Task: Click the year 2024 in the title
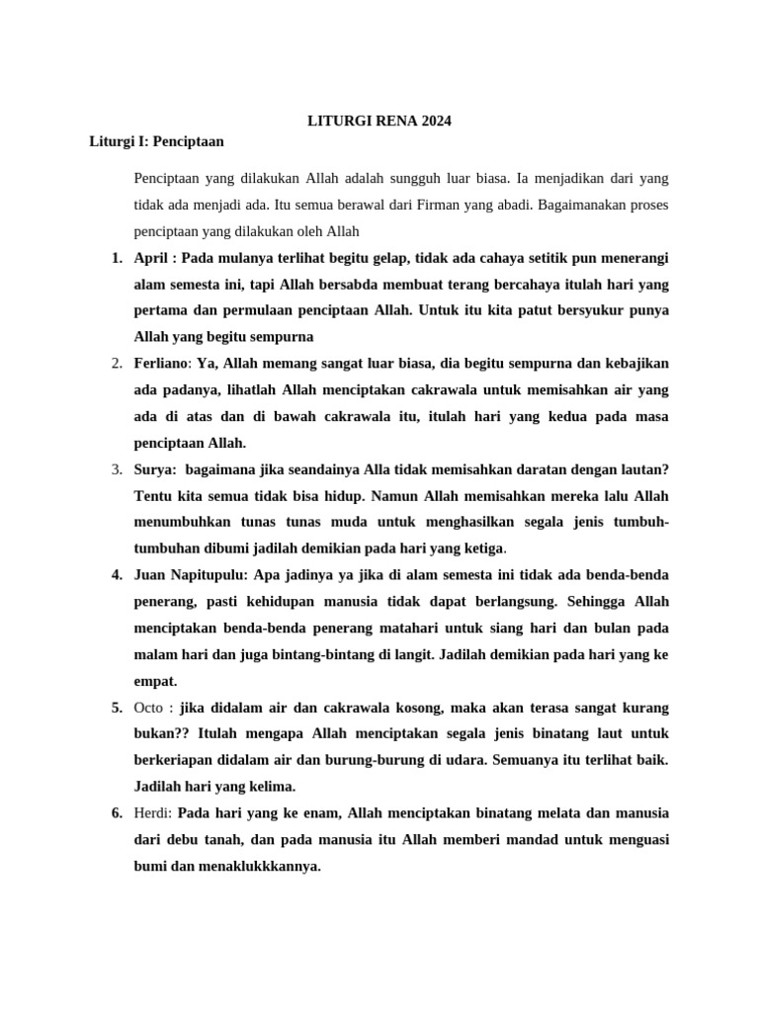coord(435,122)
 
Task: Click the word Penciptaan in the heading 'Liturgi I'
coord(189,141)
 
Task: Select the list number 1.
coord(117,259)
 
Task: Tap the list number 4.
coord(117,573)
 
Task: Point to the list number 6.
coord(117,812)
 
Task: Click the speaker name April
coord(151,259)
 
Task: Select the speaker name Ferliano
coord(163,364)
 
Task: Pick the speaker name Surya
coord(153,468)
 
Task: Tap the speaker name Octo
coord(150,708)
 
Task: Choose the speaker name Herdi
coord(153,812)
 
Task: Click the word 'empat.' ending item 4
coord(155,680)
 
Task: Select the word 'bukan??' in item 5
coord(162,734)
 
